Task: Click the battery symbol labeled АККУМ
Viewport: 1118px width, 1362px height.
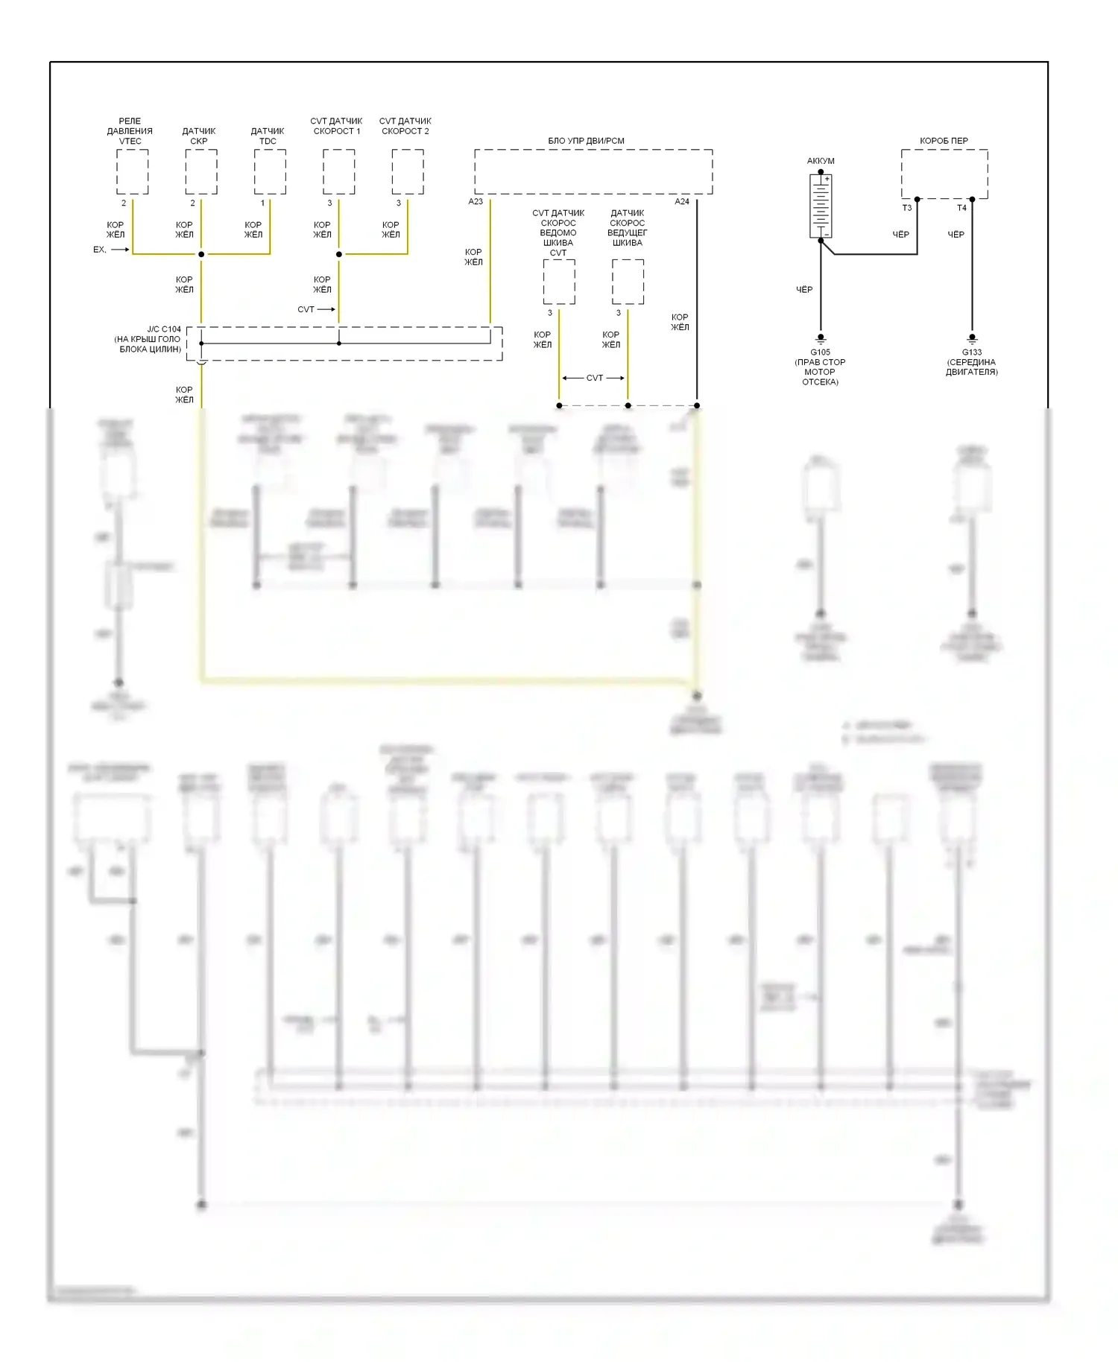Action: (x=821, y=206)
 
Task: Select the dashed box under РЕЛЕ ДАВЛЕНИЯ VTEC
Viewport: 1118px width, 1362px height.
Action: (x=132, y=171)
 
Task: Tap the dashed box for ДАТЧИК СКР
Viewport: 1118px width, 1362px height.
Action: (x=201, y=171)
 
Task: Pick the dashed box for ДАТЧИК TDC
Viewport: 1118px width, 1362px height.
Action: (x=270, y=171)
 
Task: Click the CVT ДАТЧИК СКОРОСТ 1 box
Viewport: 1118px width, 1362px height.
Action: (x=338, y=171)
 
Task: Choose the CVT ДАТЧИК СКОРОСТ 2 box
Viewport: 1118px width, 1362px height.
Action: (x=408, y=171)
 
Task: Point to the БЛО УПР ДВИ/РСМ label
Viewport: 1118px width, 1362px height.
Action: (x=586, y=141)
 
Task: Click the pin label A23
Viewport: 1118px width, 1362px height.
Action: (x=476, y=202)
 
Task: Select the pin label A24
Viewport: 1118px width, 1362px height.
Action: (x=682, y=202)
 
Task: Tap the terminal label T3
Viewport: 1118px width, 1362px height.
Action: (x=907, y=208)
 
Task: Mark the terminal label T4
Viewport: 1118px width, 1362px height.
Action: (x=961, y=208)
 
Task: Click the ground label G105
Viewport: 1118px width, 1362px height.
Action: (x=820, y=352)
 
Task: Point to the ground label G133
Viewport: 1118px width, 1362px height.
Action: (x=971, y=352)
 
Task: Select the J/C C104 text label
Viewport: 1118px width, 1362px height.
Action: (x=164, y=329)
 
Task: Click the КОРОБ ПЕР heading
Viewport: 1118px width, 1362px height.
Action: (x=944, y=141)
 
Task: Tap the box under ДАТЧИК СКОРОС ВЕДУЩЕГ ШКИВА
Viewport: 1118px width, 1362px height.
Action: (x=628, y=282)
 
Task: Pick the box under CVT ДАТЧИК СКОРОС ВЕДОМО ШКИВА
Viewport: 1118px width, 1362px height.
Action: (x=559, y=282)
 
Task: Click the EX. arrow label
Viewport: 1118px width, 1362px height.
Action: (x=100, y=250)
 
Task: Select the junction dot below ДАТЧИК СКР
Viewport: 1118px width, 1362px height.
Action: (x=201, y=254)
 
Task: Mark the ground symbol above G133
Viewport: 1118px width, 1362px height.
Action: (x=971, y=339)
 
